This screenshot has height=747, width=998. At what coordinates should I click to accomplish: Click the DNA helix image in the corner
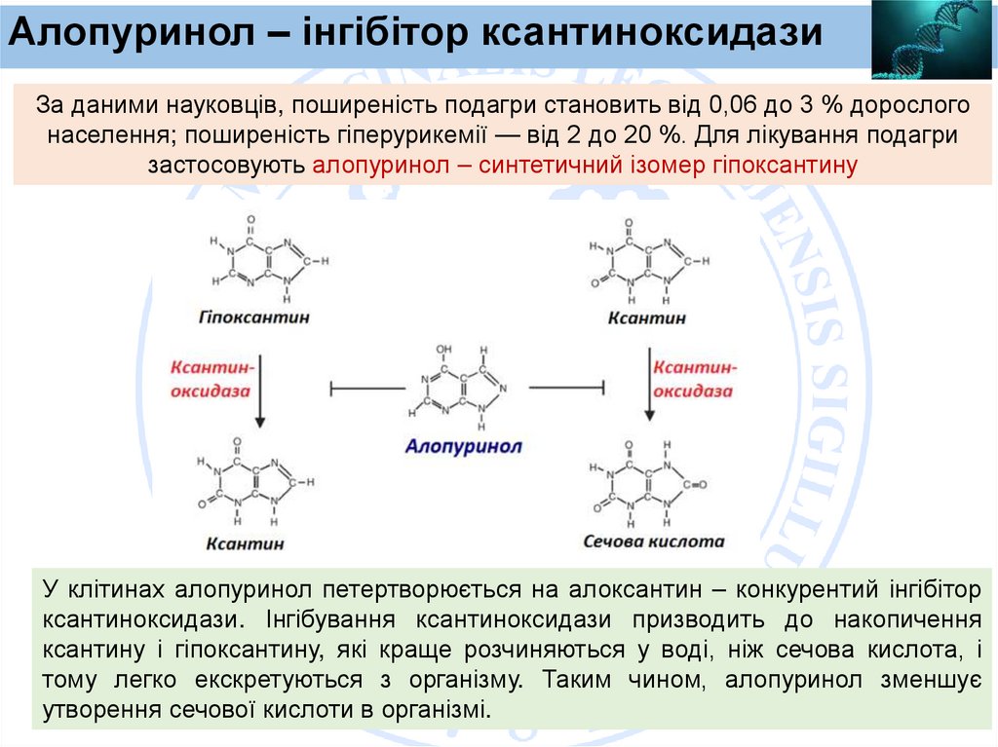[934, 39]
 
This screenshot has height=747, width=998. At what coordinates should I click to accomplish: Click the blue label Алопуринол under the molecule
[464, 446]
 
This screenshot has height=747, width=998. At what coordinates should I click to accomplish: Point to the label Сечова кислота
[654, 542]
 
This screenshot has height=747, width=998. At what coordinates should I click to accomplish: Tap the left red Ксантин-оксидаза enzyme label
[211, 379]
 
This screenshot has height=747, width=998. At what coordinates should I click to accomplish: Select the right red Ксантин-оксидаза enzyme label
[693, 379]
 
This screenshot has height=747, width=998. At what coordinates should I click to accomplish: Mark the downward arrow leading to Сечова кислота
[648, 390]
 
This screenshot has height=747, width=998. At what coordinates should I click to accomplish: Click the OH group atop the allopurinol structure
[443, 348]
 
